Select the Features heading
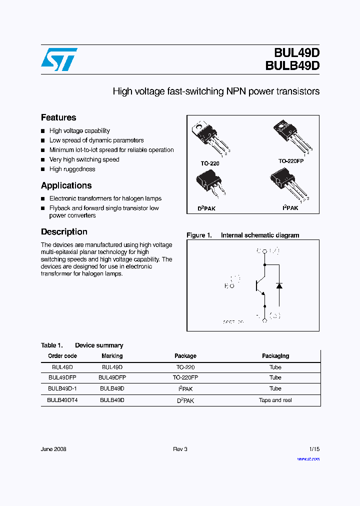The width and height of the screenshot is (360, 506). [58, 117]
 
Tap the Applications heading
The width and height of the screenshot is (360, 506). [66, 185]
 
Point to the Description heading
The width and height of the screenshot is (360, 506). [64, 232]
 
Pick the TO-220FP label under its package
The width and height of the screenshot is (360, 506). [291, 161]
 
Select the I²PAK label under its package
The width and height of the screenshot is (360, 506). [290, 207]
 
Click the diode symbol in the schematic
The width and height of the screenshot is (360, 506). [279, 285]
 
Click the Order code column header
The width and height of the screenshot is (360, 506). [62, 356]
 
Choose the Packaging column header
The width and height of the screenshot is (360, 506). [275, 356]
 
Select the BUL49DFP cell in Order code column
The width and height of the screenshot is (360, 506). [62, 377]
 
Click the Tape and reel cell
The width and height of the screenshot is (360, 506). [275, 400]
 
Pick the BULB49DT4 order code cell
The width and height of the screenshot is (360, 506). [62, 400]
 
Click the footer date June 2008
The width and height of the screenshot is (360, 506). [53, 449]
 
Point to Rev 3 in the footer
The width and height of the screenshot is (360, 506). [180, 449]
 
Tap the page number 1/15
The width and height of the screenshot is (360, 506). [313, 449]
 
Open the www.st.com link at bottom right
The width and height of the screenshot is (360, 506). [308, 458]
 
